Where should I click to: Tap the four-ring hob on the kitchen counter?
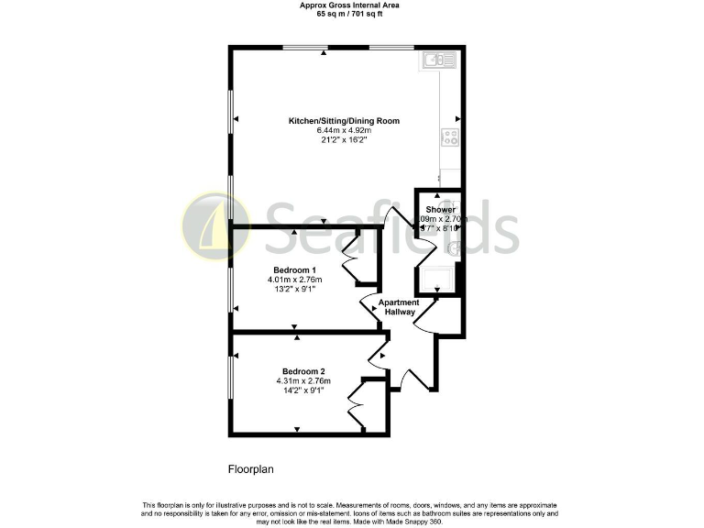[x=450, y=137]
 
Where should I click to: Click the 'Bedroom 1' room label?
[x=289, y=269]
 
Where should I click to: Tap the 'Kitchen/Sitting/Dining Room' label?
[x=344, y=121]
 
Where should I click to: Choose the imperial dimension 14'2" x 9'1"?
[x=302, y=390]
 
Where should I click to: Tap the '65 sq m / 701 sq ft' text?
[x=350, y=15]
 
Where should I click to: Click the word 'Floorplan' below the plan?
[x=251, y=469]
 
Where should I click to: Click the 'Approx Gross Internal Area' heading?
[x=350, y=5]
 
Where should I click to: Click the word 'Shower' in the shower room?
[x=440, y=210]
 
